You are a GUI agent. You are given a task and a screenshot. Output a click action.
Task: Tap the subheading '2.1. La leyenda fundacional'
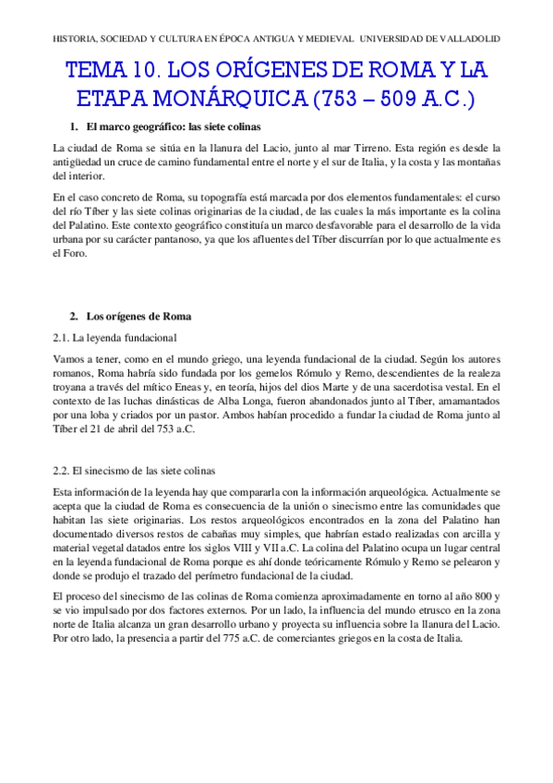pyautogui.click(x=114, y=338)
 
